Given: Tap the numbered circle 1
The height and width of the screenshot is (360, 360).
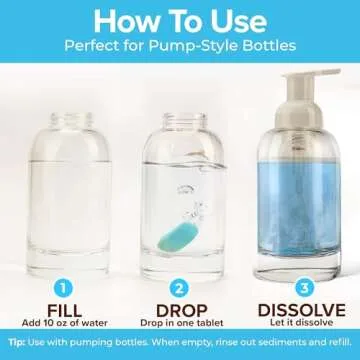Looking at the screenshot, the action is [63, 289].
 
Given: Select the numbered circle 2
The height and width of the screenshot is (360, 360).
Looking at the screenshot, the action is [179, 289].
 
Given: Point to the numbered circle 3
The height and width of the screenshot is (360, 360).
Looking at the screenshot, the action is [304, 289].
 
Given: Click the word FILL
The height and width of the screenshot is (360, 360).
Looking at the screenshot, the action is [64, 311].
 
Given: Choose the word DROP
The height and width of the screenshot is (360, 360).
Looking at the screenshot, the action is [181, 311].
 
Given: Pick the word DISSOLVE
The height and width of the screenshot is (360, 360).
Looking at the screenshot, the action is [302, 310].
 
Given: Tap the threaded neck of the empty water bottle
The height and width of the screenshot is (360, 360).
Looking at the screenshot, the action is [71, 120].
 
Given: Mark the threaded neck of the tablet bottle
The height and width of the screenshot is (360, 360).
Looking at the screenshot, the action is [185, 120].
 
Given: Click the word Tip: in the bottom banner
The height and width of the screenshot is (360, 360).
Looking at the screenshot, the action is [17, 343].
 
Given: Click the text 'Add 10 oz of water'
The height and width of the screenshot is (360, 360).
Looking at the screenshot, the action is [65, 323].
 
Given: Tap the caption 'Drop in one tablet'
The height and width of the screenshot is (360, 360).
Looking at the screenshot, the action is [182, 323].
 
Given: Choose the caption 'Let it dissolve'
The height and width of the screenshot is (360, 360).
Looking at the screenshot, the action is [302, 323].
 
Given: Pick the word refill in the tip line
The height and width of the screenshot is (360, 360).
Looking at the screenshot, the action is [340, 342].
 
